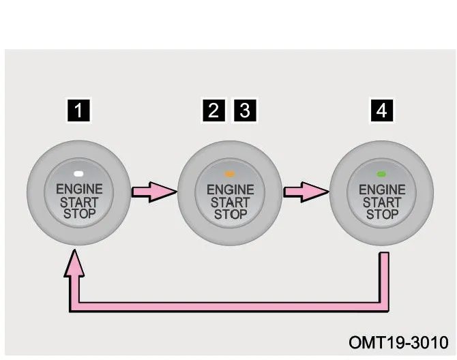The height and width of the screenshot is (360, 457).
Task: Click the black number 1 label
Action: click(x=78, y=110)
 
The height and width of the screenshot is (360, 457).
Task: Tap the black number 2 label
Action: click(x=213, y=110)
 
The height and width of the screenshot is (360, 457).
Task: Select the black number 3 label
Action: click(x=245, y=110)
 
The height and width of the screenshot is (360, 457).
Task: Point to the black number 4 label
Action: click(x=382, y=110)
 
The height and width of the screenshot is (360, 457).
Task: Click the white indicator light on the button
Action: click(x=78, y=174)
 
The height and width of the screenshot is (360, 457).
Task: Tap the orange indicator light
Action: click(x=230, y=174)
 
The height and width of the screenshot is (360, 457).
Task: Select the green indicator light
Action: click(x=381, y=174)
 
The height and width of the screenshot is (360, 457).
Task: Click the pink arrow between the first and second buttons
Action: click(x=154, y=192)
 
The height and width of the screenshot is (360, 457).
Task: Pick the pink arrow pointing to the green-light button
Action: click(x=306, y=192)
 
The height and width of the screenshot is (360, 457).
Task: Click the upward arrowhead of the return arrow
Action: click(x=74, y=263)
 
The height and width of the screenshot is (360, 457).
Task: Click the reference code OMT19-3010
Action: click(x=398, y=342)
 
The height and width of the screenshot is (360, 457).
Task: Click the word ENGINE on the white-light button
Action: click(x=79, y=189)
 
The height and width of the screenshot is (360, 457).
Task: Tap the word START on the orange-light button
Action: click(x=231, y=202)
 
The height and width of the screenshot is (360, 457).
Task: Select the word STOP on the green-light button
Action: click(x=382, y=215)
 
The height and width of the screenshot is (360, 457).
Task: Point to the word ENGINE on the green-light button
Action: click(x=382, y=190)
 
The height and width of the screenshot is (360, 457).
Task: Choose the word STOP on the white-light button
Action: click(x=80, y=214)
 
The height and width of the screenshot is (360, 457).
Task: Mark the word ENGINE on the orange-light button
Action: click(x=231, y=190)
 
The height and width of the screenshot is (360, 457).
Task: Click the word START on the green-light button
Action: click(x=382, y=202)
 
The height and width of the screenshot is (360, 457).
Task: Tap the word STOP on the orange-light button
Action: click(x=231, y=215)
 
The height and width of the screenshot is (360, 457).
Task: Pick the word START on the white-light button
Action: click(x=79, y=202)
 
